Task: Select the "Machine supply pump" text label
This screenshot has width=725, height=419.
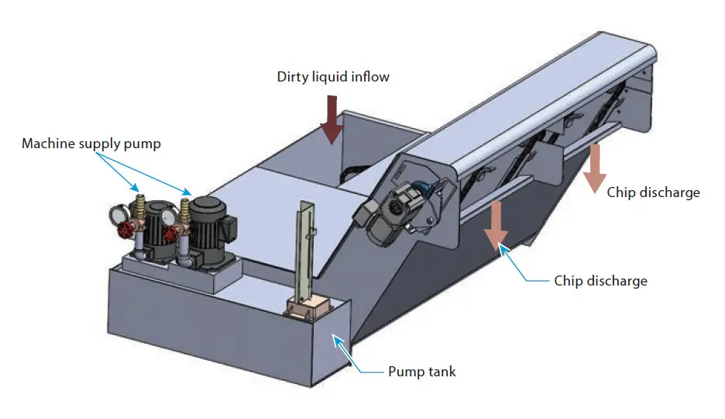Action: coord(91,144)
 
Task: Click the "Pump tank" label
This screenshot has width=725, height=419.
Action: coord(421,372)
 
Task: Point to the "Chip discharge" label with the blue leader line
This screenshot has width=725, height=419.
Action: coord(600,280)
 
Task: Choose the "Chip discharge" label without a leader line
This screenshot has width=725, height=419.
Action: coord(653,192)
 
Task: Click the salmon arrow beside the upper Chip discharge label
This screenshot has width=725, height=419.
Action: coord(594,168)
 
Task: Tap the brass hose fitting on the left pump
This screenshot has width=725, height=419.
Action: coord(139,206)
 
